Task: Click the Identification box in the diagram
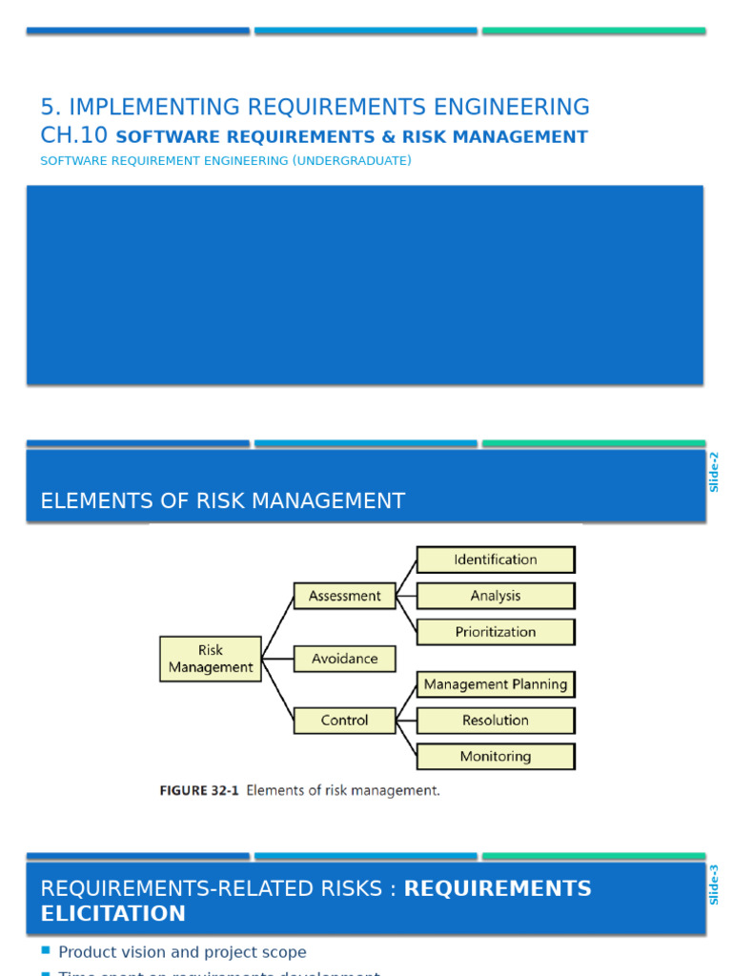click(496, 559)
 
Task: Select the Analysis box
click(496, 596)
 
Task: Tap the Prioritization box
click(496, 632)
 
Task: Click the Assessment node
click(344, 596)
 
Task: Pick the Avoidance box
click(344, 659)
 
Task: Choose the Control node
click(344, 721)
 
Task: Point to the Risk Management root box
click(211, 659)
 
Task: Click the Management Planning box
click(496, 684)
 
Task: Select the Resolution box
click(496, 721)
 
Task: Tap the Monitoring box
click(496, 757)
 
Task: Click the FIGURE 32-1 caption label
click(198, 790)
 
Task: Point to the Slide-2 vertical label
click(714, 472)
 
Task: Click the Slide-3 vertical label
click(714, 884)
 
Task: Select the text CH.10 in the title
click(73, 136)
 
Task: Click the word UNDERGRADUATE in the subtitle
click(353, 161)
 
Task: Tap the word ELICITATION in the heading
click(112, 914)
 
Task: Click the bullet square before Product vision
click(46, 951)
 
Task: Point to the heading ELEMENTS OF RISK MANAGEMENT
click(222, 500)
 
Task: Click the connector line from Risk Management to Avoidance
click(278, 659)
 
